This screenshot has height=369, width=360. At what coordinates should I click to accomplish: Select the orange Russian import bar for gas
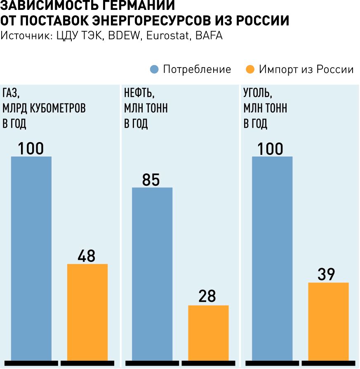pos(87,312)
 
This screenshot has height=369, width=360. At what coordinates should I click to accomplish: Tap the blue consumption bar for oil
pos(152,273)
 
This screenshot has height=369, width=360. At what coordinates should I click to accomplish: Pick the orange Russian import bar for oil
pos(208,332)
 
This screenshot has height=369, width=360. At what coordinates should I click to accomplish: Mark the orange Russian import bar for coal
pos(328,321)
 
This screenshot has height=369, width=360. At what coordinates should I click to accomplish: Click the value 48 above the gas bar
pos(87,256)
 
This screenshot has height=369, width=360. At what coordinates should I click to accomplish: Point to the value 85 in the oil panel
pos(151,180)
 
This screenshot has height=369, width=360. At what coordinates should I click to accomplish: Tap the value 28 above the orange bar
pos(207,297)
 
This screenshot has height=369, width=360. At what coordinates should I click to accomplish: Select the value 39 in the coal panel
pos(327,274)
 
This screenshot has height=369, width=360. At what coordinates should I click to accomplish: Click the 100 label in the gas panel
pos(31,149)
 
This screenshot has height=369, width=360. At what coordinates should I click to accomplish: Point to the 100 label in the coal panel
pos(271,149)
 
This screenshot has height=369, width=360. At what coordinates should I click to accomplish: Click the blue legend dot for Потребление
pos(154,69)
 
